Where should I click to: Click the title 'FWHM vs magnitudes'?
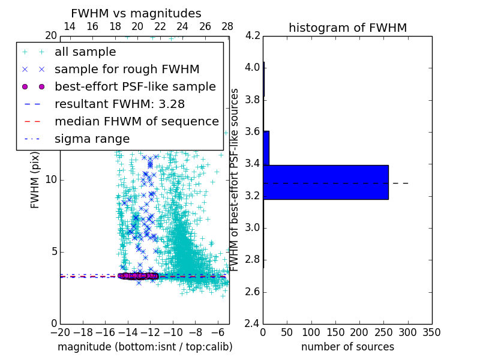pyautogui.click(x=136, y=13)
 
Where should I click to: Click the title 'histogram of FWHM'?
pyautogui.click(x=347, y=28)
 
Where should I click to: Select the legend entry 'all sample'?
pyautogui.click(x=85, y=52)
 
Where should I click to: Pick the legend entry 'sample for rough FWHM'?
pyautogui.click(x=127, y=70)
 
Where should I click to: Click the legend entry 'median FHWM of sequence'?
pyautogui.click(x=136, y=122)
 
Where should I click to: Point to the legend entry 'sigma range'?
pyautogui.click(x=92, y=139)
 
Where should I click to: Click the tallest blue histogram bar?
pyautogui.click(x=326, y=182)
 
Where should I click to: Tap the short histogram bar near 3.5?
pyautogui.click(x=266, y=148)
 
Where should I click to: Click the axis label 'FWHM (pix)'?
pyautogui.click(x=35, y=179)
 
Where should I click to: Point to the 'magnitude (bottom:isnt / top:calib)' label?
pyautogui.click(x=145, y=347)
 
